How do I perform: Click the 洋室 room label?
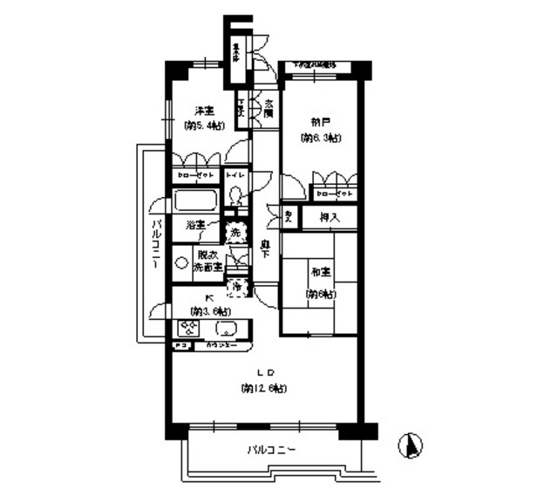[x=204, y=112]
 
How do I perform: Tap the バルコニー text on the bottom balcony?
[x=271, y=451]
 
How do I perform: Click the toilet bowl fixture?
[x=235, y=197]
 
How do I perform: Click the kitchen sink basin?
[x=226, y=330]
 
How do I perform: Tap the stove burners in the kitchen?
[x=187, y=330]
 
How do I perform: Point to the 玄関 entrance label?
[x=269, y=109]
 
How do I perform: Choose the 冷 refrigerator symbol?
[x=235, y=285]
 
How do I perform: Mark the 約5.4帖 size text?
[x=204, y=126]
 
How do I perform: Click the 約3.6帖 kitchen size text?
[x=212, y=311]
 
